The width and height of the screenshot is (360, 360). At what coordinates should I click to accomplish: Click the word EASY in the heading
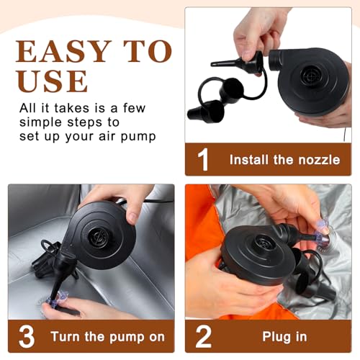click(x=63, y=51)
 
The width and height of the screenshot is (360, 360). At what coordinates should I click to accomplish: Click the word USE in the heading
click(x=52, y=81)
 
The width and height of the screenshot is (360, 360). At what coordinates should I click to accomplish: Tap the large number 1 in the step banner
click(x=203, y=160)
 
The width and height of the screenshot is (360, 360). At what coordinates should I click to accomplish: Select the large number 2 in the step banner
click(x=204, y=336)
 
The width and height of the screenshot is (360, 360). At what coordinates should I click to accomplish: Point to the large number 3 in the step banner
click(x=27, y=336)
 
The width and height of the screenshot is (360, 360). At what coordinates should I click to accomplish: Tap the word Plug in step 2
click(x=276, y=337)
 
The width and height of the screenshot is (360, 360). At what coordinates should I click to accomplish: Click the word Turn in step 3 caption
click(x=65, y=336)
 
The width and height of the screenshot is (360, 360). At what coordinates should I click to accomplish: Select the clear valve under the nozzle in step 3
click(x=57, y=299)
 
